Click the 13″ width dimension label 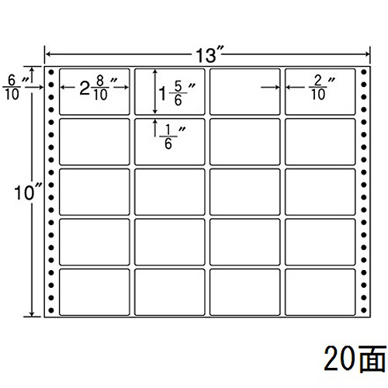pyautogui.click(x=209, y=55)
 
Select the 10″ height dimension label pyautogui.click(x=28, y=192)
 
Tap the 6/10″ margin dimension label pyautogui.click(x=15, y=88)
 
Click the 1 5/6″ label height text pyautogui.click(x=177, y=94)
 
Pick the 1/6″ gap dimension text pyautogui.click(x=171, y=137)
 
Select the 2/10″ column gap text pyautogui.click(x=321, y=88)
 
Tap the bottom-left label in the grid pyautogui.click(x=95, y=293)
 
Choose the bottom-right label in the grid pyautogui.click(x=320, y=293)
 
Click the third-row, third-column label pyautogui.click(x=244, y=192)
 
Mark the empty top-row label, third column pyautogui.click(x=244, y=92)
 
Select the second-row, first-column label pyautogui.click(x=95, y=142)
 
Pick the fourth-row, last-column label pyautogui.click(x=320, y=242)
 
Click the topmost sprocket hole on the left pyautogui.click(x=51, y=72)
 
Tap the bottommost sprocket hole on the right pyautogui.click(x=364, y=310)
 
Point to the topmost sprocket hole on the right pyautogui.click(x=364, y=72)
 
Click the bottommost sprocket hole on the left pyautogui.click(x=51, y=310)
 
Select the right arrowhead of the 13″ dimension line pyautogui.click(x=367, y=54)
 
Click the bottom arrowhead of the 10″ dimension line pyautogui.click(x=32, y=314)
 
